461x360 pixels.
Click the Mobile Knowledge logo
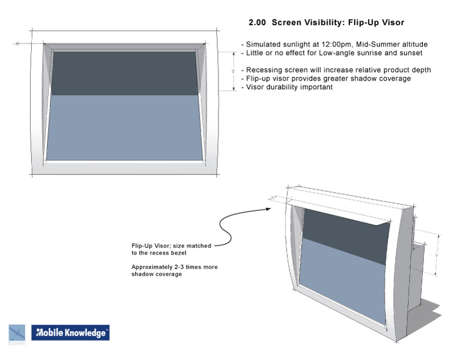pyautogui.click(x=70, y=332)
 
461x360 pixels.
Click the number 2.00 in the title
pyautogui.click(x=257, y=23)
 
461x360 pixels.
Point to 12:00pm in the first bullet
pyautogui.click(x=337, y=45)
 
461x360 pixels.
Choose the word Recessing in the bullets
pyautogui.click(x=261, y=70)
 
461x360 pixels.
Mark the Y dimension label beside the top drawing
pyautogui.click(x=233, y=72)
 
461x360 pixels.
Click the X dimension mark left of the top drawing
pyautogui.click(x=18, y=43)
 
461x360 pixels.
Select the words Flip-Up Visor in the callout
pyautogui.click(x=150, y=246)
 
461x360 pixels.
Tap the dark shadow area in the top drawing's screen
pyautogui.click(x=124, y=73)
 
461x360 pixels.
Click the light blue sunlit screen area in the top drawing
pyautogui.click(x=124, y=127)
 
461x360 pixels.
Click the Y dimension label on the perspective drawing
pyautogui.click(x=436, y=255)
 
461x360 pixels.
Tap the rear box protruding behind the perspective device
pyautogui.click(x=417, y=277)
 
